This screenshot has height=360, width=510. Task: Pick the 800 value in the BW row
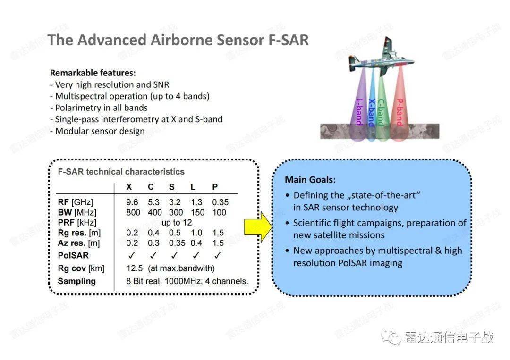click(133, 212)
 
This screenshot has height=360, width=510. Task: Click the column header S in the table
click(171, 187)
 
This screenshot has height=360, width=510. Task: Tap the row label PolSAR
click(73, 255)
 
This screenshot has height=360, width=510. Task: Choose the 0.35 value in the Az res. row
click(176, 243)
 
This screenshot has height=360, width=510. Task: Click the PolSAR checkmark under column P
click(217, 255)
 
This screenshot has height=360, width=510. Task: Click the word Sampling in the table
click(76, 281)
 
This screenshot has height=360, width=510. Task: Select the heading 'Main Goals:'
click(310, 180)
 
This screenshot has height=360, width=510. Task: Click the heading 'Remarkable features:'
click(93, 73)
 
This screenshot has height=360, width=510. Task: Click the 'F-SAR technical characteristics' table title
click(121, 172)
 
